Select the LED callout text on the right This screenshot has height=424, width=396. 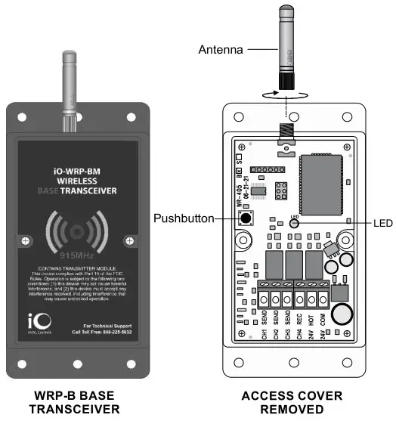click(x=383, y=223)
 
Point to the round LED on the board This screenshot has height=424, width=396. click(x=295, y=223)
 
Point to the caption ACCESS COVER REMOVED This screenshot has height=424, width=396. click(x=292, y=402)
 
